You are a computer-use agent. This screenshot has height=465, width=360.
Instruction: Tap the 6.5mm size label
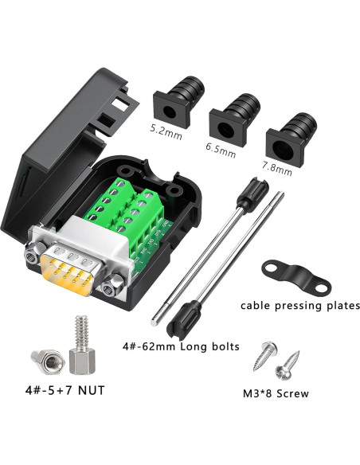(x=221, y=147)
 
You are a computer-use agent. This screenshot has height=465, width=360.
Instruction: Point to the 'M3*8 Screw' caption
(x=276, y=393)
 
